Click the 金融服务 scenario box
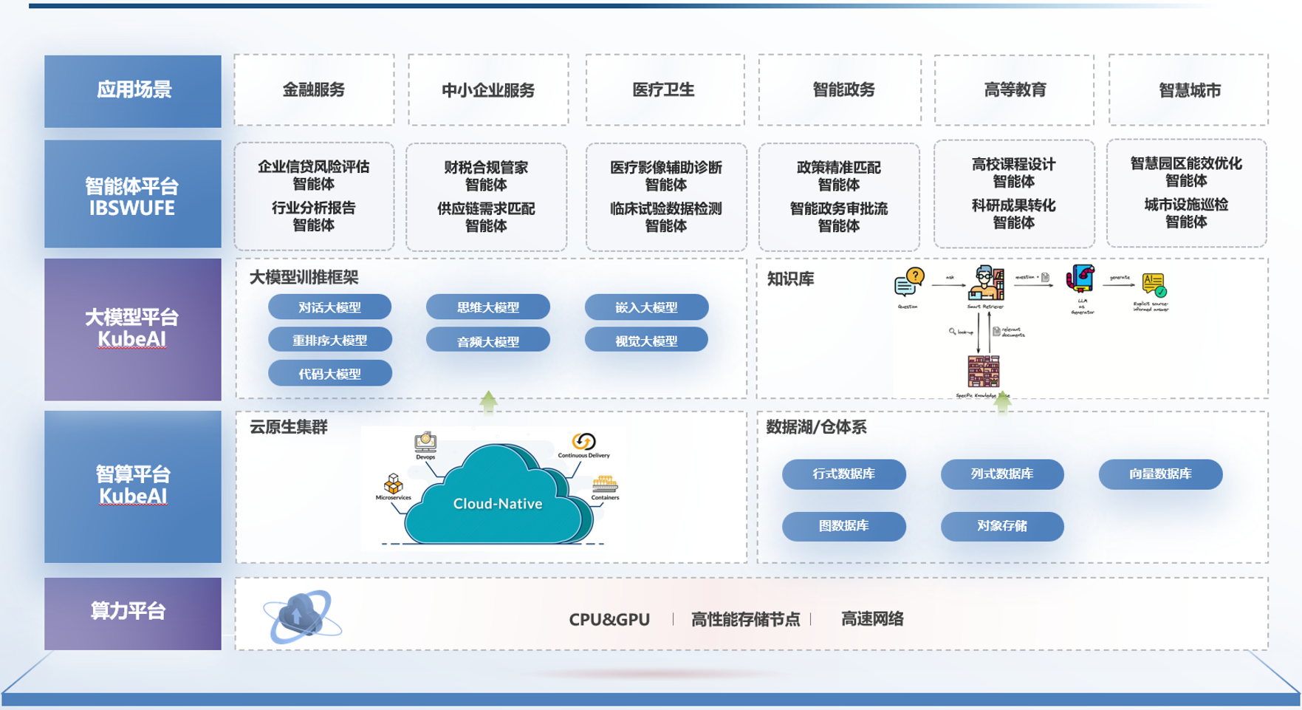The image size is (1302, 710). pyautogui.click(x=314, y=90)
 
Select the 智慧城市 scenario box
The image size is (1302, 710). pyautogui.click(x=1188, y=90)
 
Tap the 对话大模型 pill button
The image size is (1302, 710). pyautogui.click(x=329, y=307)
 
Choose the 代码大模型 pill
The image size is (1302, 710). pyautogui.click(x=329, y=374)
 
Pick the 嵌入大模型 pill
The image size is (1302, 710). pyautogui.click(x=646, y=307)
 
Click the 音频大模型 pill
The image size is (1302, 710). pyautogui.click(x=487, y=341)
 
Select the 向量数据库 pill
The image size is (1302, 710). pyautogui.click(x=1159, y=474)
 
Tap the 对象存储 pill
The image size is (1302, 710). pyautogui.click(x=1001, y=526)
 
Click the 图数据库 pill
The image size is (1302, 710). pyautogui.click(x=843, y=526)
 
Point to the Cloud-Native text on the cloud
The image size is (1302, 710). pyautogui.click(x=498, y=504)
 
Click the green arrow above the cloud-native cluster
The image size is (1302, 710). pyautogui.click(x=488, y=403)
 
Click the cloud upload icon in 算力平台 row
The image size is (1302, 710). pyautogui.click(x=302, y=615)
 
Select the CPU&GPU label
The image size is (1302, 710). pyautogui.click(x=609, y=620)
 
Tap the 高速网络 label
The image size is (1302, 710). pyautogui.click(x=872, y=619)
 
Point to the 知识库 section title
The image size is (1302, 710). pyautogui.click(x=790, y=279)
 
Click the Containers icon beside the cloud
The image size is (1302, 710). pyautogui.click(x=605, y=485)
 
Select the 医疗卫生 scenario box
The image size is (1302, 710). pyautogui.click(x=664, y=90)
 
